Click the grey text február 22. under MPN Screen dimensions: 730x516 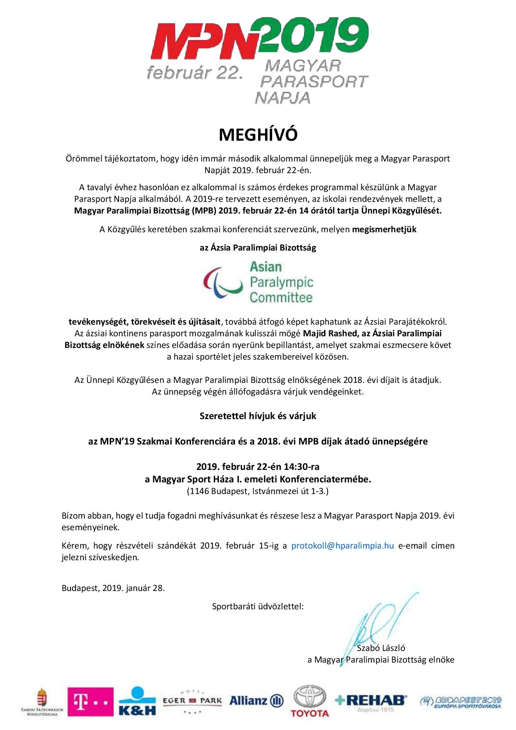[194, 73]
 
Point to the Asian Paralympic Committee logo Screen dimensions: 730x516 [258, 282]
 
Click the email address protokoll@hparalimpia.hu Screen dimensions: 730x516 [342, 546]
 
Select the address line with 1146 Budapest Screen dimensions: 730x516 [258, 491]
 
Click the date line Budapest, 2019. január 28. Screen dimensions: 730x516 [113, 588]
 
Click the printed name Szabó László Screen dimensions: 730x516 [381, 648]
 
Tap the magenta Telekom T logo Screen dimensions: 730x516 [90, 702]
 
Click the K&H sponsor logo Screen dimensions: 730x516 [137, 702]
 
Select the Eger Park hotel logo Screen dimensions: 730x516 [192, 701]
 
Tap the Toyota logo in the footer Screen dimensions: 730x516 [310, 702]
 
